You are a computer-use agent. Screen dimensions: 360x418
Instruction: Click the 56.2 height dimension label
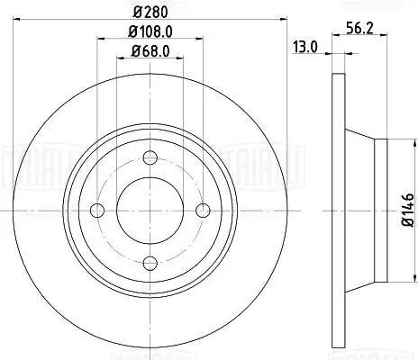tap(361, 28)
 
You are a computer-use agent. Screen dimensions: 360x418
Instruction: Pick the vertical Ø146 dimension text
tap(407, 209)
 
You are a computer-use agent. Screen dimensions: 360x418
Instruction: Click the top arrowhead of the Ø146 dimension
tap(397, 141)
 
